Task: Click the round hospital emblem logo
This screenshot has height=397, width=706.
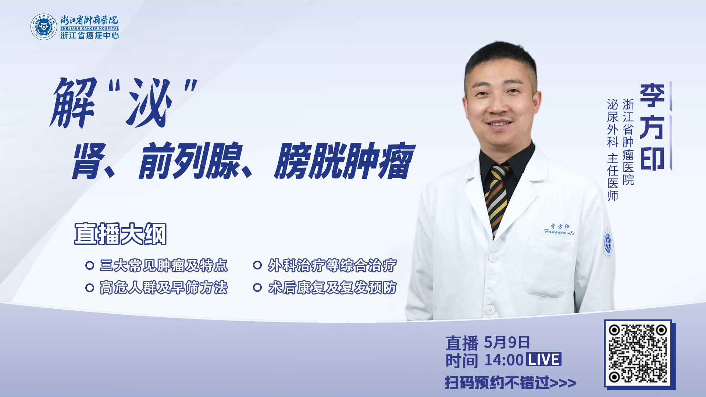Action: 44,27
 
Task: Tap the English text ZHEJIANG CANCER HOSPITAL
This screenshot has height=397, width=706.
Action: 90,28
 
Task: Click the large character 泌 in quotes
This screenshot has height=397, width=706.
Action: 149,103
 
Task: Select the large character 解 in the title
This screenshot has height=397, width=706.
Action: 74,103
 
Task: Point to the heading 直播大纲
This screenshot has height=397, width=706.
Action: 120,234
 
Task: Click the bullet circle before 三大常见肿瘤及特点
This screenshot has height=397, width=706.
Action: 89,265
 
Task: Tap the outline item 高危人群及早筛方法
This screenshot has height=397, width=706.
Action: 164,287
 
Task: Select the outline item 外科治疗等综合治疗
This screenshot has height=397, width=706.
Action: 332,265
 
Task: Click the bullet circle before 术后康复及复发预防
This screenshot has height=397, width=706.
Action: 257,287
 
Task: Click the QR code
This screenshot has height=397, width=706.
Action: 638,354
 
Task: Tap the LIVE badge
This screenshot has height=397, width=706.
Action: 544,359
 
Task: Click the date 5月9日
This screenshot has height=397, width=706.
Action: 507,343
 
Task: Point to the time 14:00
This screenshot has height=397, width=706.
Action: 504,360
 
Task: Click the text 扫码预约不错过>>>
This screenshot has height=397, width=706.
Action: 511,383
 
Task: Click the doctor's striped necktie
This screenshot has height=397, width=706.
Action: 497,198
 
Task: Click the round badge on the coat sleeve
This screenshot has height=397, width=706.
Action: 608,243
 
